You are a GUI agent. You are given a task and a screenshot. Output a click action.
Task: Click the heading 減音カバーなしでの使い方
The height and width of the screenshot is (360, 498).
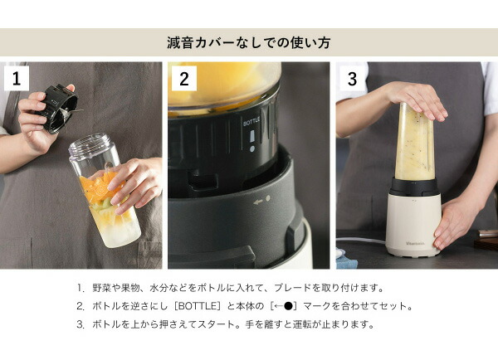coord(249,41)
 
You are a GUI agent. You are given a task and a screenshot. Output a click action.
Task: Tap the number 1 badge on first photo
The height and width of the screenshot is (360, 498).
coord(17,79)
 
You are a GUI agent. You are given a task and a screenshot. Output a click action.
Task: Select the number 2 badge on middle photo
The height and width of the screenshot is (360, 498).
coord(184,79)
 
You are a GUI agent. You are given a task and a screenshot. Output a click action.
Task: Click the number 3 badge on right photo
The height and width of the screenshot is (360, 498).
coord(352,79)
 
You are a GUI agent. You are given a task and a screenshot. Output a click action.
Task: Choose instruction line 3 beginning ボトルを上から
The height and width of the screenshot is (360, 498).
coord(225,324)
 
